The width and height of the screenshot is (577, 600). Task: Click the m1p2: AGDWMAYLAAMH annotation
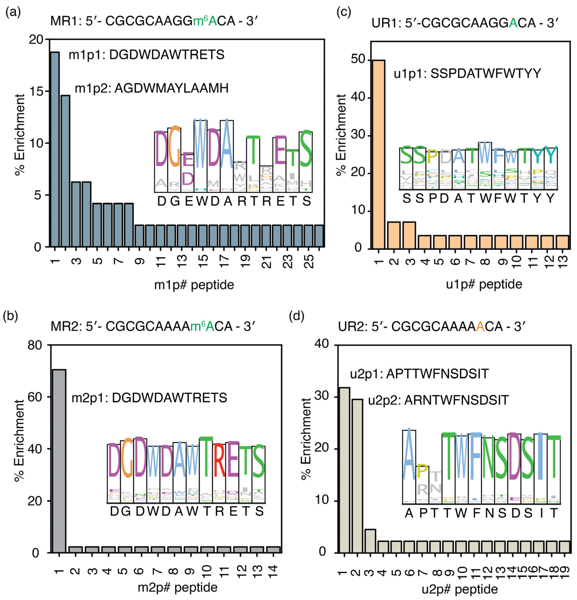(x=152, y=88)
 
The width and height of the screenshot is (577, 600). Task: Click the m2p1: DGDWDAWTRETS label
(x=149, y=398)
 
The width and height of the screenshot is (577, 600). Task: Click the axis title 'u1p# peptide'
(x=484, y=284)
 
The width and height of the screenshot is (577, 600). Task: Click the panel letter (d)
(x=296, y=317)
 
